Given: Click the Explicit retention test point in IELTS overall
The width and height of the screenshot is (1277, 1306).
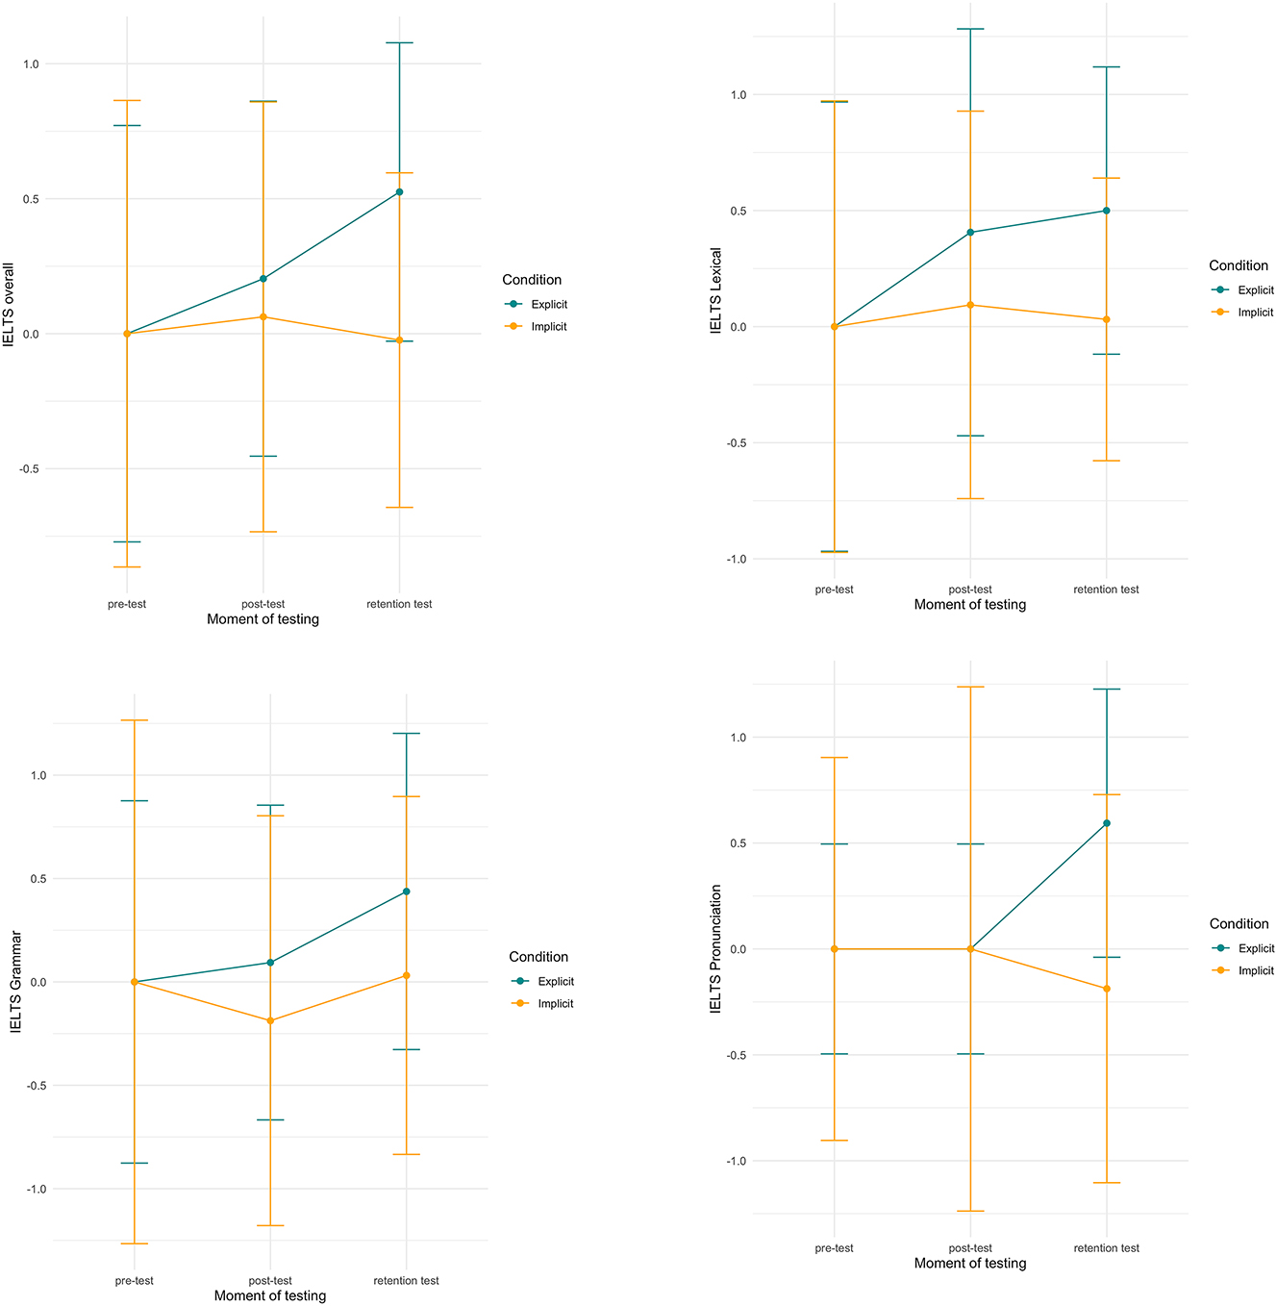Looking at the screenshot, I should coord(399,192).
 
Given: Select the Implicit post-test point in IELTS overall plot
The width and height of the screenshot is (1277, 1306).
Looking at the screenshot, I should coord(263,317).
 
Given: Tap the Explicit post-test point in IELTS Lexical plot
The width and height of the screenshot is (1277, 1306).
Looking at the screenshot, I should coord(970,233).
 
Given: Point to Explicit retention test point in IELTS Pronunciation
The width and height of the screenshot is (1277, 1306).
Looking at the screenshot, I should coord(1107,823).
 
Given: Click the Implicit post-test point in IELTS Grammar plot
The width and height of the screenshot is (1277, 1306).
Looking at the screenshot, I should coord(270,1020).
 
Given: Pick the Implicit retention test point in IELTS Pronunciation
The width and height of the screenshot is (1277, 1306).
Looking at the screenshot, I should coord(1107,989).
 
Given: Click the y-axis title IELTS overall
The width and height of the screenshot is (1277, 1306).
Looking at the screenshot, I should coord(11,304).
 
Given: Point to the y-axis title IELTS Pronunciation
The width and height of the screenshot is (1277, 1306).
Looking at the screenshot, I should coord(715,949).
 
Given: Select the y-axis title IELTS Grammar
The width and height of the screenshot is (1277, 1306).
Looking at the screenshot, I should coord(16,982).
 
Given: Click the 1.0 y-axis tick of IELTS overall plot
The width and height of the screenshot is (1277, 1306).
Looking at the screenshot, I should coord(31,64).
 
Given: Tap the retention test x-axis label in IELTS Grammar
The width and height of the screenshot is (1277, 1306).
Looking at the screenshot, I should coord(406,1281).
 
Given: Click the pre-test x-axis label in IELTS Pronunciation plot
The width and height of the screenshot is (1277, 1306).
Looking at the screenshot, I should coord(834,1248).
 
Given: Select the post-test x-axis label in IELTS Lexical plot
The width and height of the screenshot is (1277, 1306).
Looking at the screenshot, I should coord(970,590).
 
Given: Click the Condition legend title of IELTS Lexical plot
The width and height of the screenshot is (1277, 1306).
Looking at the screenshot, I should coord(1239,265).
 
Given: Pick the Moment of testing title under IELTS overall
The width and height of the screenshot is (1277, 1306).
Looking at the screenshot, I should coord(263,619).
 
